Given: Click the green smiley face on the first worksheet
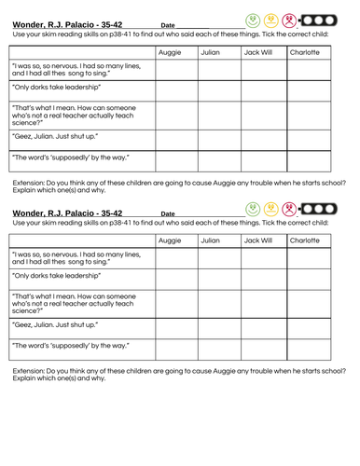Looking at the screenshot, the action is [253, 20].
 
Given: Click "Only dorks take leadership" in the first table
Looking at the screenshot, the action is [56, 90].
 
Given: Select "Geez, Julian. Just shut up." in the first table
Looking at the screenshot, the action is [62, 136].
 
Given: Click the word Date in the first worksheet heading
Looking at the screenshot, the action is [168, 25].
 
